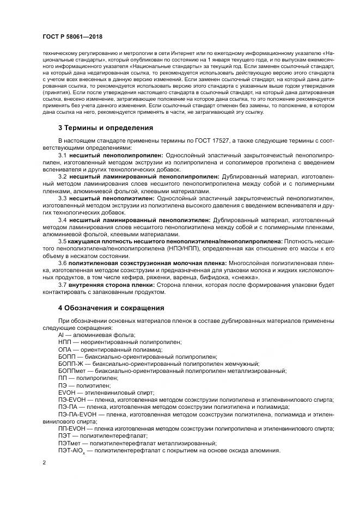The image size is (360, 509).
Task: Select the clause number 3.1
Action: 63,155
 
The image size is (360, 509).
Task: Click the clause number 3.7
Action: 63,285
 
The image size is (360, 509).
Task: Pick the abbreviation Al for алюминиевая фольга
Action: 61,335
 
